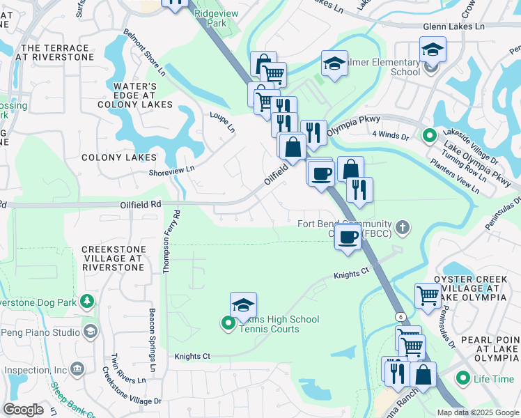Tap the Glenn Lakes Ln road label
453,26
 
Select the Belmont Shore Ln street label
145,52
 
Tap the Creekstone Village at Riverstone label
114,258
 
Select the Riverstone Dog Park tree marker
87,302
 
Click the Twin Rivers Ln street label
128,369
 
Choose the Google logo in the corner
23,410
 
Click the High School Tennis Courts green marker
228,323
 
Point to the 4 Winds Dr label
390,134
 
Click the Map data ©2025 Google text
478,412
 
